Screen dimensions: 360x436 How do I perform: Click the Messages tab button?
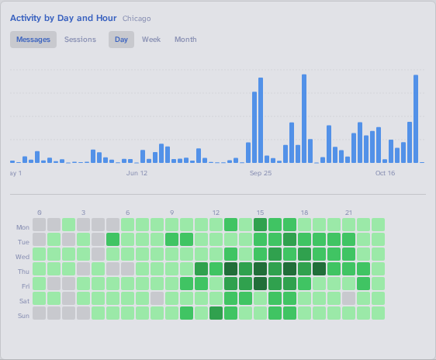33,40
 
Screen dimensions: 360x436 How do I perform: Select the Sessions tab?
80,40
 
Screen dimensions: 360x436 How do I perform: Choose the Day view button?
121,40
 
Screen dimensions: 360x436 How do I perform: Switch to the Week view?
151,40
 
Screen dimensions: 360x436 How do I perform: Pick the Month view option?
185,40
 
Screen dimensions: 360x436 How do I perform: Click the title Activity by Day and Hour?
64,18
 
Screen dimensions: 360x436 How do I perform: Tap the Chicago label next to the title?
137,19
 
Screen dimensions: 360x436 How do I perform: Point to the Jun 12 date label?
137,173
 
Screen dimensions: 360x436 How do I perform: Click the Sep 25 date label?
261,173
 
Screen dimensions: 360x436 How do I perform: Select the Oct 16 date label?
386,173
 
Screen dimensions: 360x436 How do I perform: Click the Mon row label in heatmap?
22,227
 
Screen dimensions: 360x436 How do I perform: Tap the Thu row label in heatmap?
23,272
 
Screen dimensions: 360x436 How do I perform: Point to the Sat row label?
23,301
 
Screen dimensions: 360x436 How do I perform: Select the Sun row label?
23,316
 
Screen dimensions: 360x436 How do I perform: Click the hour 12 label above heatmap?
216,212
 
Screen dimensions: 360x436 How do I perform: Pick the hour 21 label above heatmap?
348,212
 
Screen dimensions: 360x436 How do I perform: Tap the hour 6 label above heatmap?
128,212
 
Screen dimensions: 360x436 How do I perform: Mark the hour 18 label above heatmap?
304,212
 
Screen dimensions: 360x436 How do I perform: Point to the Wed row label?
22,257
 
